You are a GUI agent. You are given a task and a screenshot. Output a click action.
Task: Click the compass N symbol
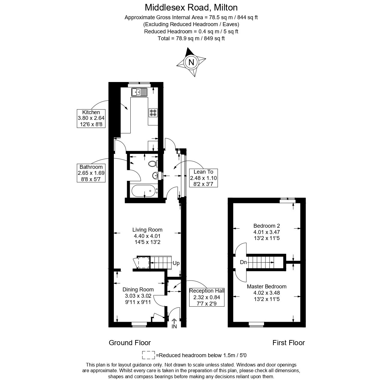tap(191, 62)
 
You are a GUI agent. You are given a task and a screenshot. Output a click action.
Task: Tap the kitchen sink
tap(139, 92)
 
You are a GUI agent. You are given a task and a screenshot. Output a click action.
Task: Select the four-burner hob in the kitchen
tap(153, 112)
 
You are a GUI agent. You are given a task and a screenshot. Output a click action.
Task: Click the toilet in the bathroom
tap(153, 164)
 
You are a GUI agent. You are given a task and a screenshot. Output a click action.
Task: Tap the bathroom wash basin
tap(156, 175)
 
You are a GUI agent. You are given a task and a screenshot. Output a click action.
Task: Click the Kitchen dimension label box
tap(91, 118)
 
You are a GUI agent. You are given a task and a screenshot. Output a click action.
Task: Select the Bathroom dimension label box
tap(91, 173)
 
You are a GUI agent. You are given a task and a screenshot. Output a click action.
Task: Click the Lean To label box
tap(203, 178)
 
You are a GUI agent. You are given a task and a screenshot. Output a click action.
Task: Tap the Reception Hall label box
tap(207, 297)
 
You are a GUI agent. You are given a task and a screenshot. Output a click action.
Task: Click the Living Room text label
tap(147, 230)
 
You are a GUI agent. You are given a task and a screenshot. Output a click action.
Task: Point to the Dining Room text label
tap(138, 290)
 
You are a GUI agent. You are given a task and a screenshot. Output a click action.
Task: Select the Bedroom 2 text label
tap(266, 226)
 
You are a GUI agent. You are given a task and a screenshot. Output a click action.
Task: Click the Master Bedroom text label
tap(266, 287)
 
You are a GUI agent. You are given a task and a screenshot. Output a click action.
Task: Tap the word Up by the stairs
tap(176, 263)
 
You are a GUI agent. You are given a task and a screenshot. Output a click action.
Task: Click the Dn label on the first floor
tap(243, 262)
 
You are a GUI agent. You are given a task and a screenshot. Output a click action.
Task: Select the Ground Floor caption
tap(130, 343)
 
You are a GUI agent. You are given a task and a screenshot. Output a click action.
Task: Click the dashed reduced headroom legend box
tap(148, 355)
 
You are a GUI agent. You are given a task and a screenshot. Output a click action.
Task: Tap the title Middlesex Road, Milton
tap(191, 7)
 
